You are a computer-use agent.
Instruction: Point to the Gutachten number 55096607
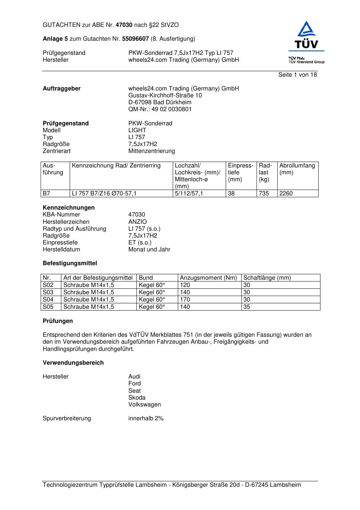(x=135, y=39)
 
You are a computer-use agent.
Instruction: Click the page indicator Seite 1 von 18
(x=298, y=75)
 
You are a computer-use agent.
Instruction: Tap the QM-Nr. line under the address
(x=160, y=109)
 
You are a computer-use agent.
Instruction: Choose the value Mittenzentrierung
(x=151, y=151)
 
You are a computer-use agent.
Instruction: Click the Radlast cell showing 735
(x=264, y=194)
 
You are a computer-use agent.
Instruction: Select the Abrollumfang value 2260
(x=286, y=194)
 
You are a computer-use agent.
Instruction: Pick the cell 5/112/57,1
(x=189, y=194)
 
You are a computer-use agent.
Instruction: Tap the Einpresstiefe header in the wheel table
(x=241, y=172)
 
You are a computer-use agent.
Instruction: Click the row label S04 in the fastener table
(x=48, y=300)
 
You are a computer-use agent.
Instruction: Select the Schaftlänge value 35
(x=247, y=307)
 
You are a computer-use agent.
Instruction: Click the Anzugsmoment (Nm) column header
(x=208, y=278)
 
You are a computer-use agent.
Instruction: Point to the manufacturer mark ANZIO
(x=138, y=222)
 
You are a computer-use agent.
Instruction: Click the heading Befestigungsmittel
(x=70, y=263)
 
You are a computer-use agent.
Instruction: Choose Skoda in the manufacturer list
(x=137, y=398)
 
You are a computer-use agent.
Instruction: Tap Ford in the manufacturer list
(x=134, y=384)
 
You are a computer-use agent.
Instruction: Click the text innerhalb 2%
(x=146, y=418)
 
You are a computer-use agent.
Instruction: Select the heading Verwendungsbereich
(x=73, y=363)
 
